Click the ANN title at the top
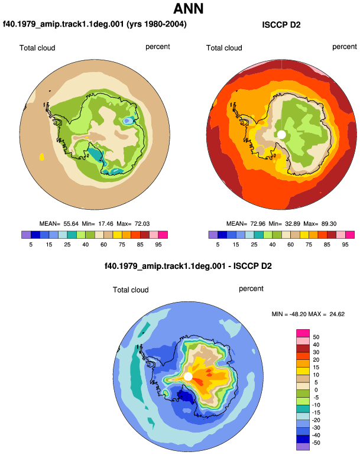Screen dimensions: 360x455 (x=188, y=8)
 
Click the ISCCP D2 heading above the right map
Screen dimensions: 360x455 (x=281, y=25)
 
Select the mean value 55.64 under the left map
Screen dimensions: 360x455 (x=71, y=224)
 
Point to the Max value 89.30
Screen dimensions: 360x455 (x=329, y=224)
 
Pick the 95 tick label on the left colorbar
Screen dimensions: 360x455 (x=158, y=245)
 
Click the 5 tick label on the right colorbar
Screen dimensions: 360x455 (x=218, y=245)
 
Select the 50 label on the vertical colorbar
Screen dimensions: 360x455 (x=316, y=337)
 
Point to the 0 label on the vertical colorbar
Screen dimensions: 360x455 (x=316, y=390)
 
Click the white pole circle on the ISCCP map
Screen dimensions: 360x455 (x=281, y=135)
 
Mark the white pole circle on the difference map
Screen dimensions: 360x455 (x=188, y=376)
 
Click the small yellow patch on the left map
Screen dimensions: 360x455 (x=42, y=157)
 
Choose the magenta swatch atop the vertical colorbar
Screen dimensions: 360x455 (x=303, y=333)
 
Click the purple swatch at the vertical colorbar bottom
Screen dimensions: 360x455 (x=303, y=446)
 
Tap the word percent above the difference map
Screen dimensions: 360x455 (x=251, y=289)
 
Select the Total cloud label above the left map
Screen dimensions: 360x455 (x=37, y=48)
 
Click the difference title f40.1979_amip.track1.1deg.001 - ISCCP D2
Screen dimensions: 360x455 (x=188, y=266)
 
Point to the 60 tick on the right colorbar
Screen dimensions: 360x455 (x=291, y=245)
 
